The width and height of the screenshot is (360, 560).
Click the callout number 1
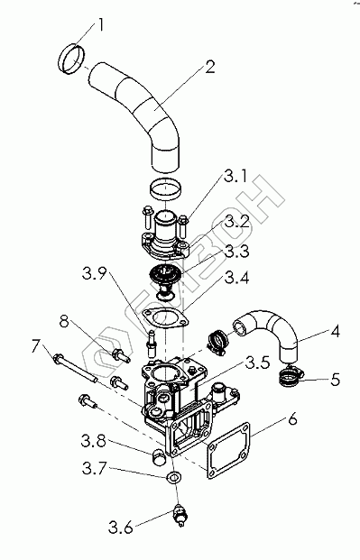click(100, 26)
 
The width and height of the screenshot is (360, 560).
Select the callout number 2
click(210, 67)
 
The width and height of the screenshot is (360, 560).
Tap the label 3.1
click(235, 176)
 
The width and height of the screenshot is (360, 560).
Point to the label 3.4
click(236, 278)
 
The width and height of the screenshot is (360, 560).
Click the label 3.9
click(95, 273)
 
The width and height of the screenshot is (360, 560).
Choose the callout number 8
click(64, 321)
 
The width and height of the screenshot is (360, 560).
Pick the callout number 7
click(37, 346)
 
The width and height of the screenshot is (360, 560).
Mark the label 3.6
click(121, 528)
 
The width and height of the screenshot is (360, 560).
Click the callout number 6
click(292, 419)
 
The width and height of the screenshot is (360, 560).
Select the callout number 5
click(335, 380)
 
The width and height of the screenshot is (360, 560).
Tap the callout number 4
click(335, 332)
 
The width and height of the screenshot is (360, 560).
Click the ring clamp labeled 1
click(71, 60)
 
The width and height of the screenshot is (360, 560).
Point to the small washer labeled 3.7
click(173, 477)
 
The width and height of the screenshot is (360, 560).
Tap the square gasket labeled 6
click(228, 450)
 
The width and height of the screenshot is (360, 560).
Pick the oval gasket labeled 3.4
click(165, 317)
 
